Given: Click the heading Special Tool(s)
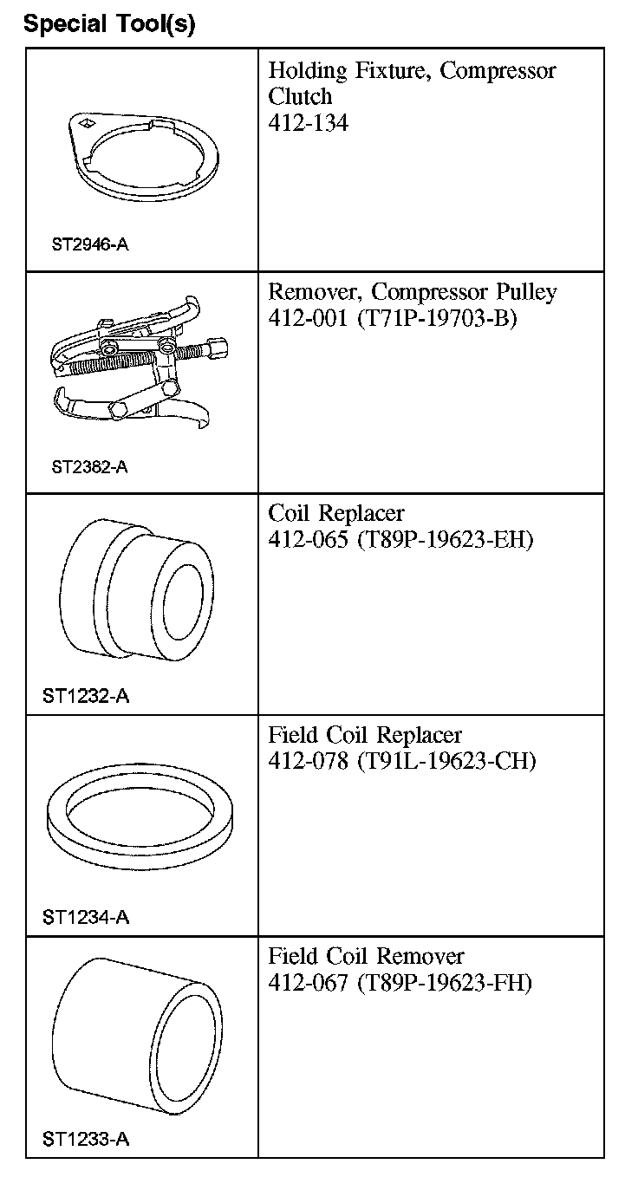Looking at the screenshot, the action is tap(109, 23).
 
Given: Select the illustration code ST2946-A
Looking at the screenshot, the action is tap(89, 244).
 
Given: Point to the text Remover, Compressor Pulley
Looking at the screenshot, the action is tap(412, 292).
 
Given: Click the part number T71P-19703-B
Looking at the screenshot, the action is tap(436, 319).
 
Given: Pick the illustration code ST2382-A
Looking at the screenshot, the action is tap(89, 467).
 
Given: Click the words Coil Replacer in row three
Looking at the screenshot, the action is tap(335, 514).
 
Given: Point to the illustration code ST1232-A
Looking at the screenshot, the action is tap(86, 696).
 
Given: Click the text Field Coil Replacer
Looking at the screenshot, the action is tap(365, 736).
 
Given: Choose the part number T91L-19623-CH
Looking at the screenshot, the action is tap(446, 762).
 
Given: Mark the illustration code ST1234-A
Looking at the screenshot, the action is tap(86, 917).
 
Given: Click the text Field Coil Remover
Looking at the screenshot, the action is tap(366, 957).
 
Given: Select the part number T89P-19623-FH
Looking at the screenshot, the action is tap(444, 984).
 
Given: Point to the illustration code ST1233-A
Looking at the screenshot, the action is tap(86, 1139).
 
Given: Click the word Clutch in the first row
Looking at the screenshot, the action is tap(300, 96).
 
